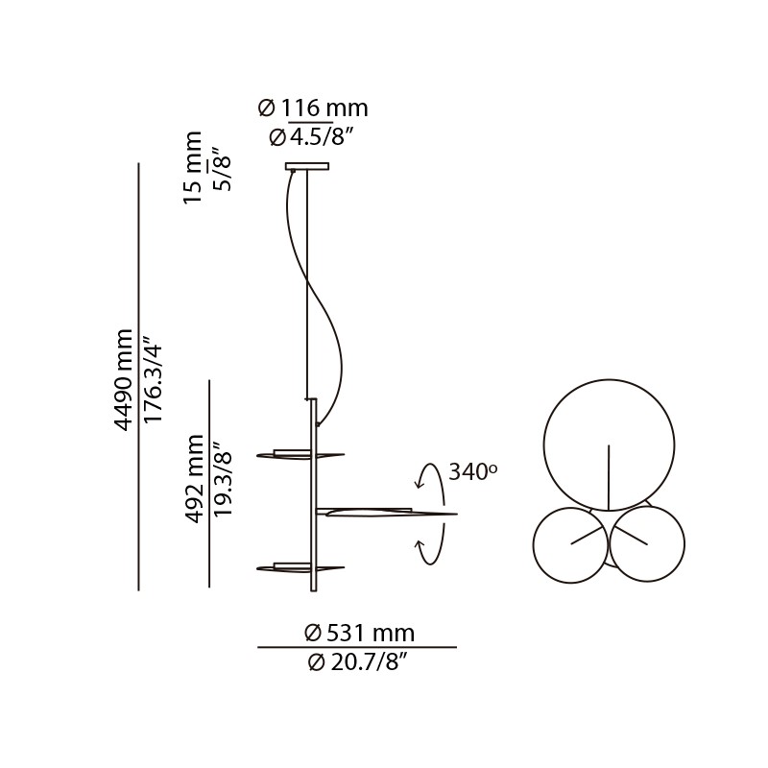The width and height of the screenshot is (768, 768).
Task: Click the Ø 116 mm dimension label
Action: click(x=313, y=108)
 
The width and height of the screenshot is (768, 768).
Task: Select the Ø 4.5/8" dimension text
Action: click(x=313, y=137)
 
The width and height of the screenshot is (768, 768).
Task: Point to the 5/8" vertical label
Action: click(x=223, y=169)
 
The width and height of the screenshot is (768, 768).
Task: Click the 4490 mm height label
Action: click(x=124, y=379)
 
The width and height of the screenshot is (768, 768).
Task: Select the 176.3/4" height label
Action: click(x=153, y=379)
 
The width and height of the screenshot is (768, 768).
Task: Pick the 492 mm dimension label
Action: click(x=194, y=479)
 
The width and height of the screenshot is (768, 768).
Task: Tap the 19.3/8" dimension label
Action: click(x=223, y=479)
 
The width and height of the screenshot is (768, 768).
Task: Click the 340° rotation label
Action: click(x=472, y=471)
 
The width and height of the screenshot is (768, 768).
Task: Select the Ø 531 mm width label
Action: click(x=359, y=633)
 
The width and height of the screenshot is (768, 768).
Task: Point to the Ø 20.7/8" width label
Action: click(x=359, y=662)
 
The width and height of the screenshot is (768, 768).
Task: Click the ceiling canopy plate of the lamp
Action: click(x=306, y=166)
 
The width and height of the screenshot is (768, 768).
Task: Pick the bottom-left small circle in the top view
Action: click(x=570, y=544)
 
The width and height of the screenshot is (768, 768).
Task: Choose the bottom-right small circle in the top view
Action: click(x=647, y=544)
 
